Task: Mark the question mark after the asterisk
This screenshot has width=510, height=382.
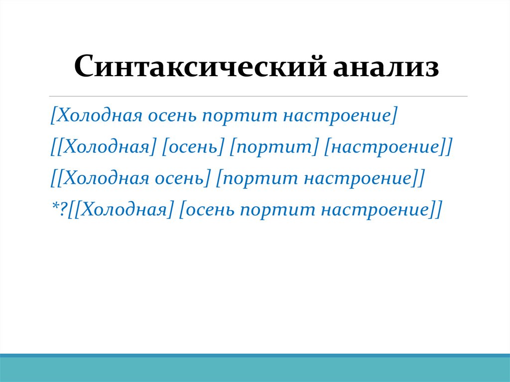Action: (x=62, y=209)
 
